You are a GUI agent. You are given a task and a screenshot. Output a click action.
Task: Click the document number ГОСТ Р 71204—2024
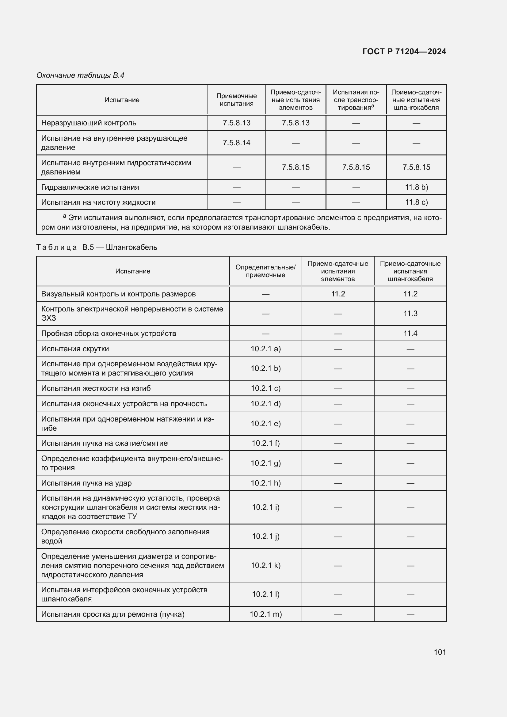tap(404, 51)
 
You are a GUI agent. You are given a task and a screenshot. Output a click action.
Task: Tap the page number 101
tap(440, 652)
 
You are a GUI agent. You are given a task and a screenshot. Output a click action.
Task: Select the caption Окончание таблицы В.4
tap(80, 75)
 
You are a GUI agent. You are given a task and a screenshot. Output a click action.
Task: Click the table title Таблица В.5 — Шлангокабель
tap(97, 247)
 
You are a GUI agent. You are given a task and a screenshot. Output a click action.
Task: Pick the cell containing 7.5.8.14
tap(236, 143)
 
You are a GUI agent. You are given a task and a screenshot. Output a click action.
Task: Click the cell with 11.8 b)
tap(416, 187)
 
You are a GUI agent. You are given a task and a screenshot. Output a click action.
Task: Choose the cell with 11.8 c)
tap(416, 202)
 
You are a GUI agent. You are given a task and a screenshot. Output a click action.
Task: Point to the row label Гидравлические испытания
tap(90, 187)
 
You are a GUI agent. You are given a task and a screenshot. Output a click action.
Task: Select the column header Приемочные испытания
tap(236, 100)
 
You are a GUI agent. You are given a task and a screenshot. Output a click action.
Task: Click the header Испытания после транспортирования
tap(356, 100)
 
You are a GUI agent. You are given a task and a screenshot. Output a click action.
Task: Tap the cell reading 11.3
tap(410, 314)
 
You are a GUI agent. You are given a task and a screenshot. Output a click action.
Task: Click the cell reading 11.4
tap(410, 334)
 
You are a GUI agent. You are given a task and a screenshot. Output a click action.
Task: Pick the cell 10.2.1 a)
tap(265, 349)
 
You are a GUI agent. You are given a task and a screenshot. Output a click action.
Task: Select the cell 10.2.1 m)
tap(265, 614)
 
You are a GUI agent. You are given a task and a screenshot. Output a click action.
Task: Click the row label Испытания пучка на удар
tap(86, 483)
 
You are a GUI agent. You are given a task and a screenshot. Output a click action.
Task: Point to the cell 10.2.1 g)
tap(265, 463)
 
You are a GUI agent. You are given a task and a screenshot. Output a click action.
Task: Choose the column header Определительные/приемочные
tap(265, 271)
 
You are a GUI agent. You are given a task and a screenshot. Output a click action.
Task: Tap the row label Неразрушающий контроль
tap(89, 123)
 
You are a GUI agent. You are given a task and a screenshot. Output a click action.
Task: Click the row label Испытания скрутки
tap(75, 349)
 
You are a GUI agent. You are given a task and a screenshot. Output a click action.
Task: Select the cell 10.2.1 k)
tap(265, 566)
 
